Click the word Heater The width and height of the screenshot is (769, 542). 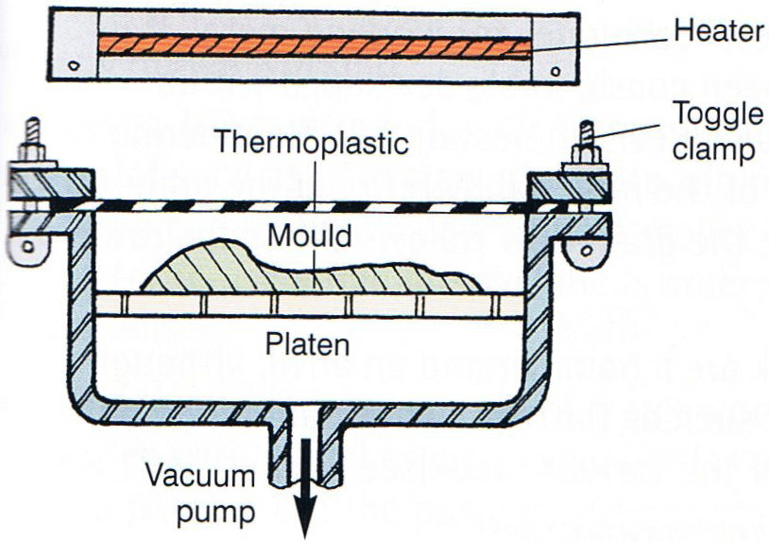tap(718, 31)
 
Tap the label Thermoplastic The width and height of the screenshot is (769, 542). tap(311, 144)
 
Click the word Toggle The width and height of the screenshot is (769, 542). tap(719, 114)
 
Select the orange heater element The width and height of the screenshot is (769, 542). tap(312, 44)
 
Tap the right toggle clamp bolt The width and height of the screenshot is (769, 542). tap(587, 142)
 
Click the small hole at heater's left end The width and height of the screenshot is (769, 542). tap(73, 66)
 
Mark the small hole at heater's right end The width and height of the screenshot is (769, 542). tap(555, 69)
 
